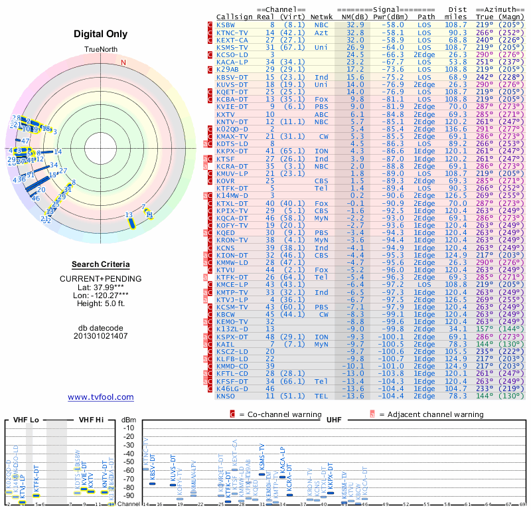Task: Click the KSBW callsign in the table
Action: pyautogui.click(x=225, y=24)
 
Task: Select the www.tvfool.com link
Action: pyautogui.click(x=101, y=397)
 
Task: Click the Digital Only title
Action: pyautogui.click(x=101, y=33)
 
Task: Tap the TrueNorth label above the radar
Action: pyautogui.click(x=100, y=50)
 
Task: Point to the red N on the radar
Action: pyautogui.click(x=123, y=63)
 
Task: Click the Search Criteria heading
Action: pyautogui.click(x=101, y=264)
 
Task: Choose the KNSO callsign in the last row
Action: pyautogui.click(x=225, y=395)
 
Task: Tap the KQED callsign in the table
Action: pyautogui.click(x=225, y=232)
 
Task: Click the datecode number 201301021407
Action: pyautogui.click(x=101, y=335)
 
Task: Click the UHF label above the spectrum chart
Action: pyautogui.click(x=334, y=421)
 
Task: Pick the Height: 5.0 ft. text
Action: pyautogui.click(x=101, y=304)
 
